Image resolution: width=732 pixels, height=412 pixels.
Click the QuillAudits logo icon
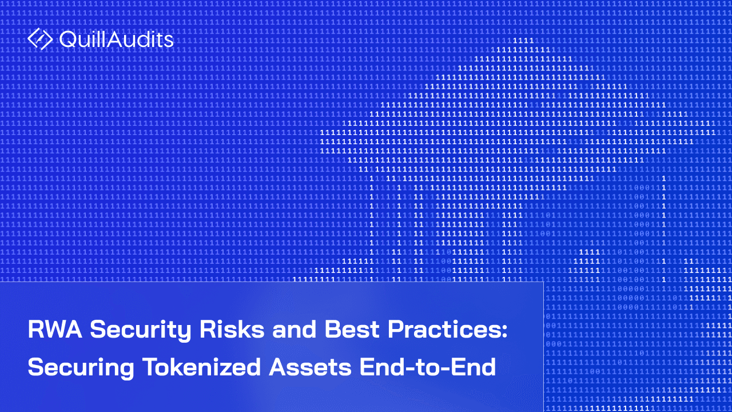(40, 39)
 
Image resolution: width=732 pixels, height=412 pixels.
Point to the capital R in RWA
(35, 331)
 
